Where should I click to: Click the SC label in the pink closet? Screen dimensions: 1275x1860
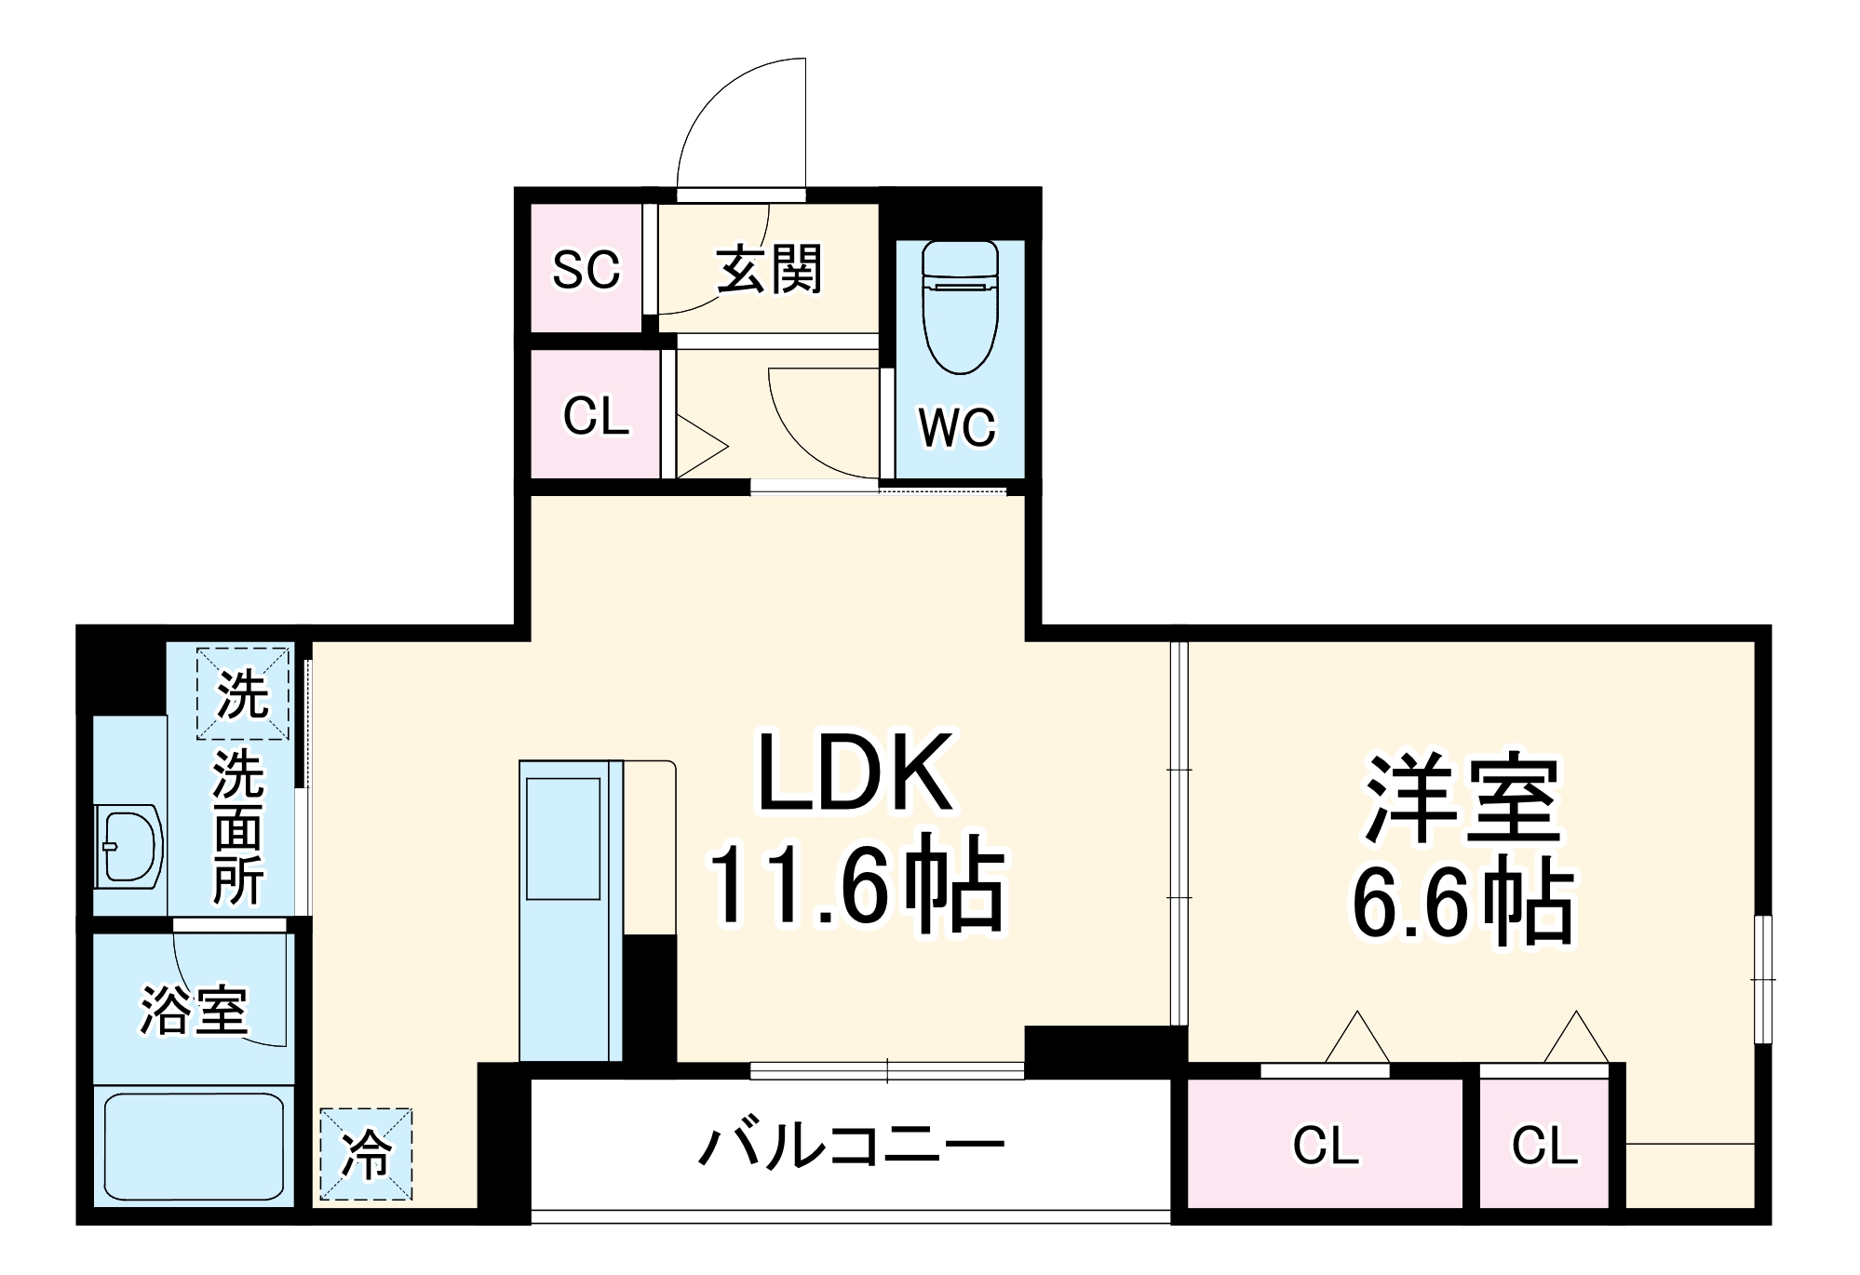pyautogui.click(x=586, y=270)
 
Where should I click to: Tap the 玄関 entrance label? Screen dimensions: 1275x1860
pyautogui.click(x=769, y=270)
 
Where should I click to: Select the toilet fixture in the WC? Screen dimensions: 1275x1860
pyautogui.click(x=960, y=307)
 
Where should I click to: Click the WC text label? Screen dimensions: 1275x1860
pyautogui.click(x=957, y=428)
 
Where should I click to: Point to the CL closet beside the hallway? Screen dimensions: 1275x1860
pyautogui.click(x=596, y=416)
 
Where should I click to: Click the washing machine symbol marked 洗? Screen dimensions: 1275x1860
pyautogui.click(x=242, y=694)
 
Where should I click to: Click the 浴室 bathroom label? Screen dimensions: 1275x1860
pyautogui.click(x=194, y=1010)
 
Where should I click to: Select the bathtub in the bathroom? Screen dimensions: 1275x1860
pyautogui.click(x=194, y=1147)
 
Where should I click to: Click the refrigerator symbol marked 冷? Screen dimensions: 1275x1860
pyautogui.click(x=366, y=1155)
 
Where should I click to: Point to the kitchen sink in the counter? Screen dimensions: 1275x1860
pyautogui.click(x=563, y=838)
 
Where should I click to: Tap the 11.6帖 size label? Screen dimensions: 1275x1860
pyautogui.click(x=856, y=889)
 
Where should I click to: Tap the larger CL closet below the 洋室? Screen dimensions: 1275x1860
pyautogui.click(x=1326, y=1146)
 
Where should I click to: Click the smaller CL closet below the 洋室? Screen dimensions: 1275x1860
pyautogui.click(x=1544, y=1146)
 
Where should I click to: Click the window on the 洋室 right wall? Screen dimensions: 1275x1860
pyautogui.click(x=1762, y=979)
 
